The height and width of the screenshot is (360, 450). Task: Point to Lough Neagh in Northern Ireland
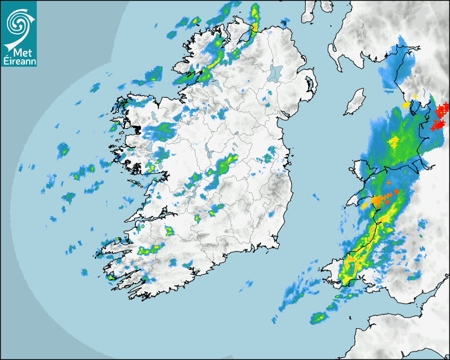click(276, 73)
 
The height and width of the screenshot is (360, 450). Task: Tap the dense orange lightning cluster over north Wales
click(377, 200)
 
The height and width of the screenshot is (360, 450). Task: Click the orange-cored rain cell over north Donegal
click(255, 26)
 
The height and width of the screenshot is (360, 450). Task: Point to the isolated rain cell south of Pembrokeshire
click(318, 318)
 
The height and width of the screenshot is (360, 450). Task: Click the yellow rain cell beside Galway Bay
click(151, 168)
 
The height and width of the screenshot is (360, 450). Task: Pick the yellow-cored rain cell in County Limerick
click(169, 231)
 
